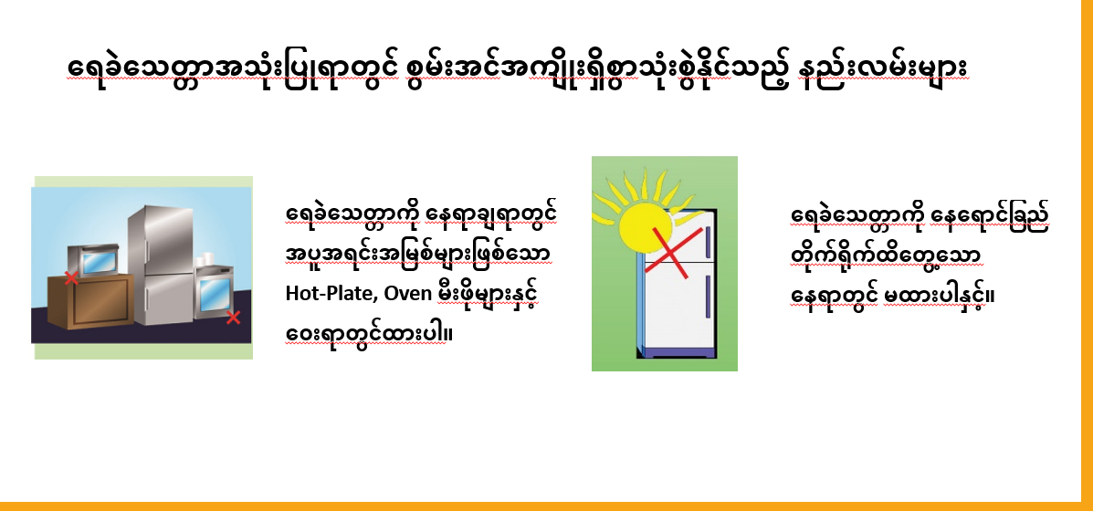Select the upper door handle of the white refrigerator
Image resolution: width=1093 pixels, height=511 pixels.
(x=709, y=236)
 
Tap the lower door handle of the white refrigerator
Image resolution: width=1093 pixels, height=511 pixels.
(x=708, y=297)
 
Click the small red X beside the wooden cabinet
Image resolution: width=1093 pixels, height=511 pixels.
(x=71, y=277)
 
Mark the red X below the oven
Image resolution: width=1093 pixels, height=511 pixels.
(x=234, y=318)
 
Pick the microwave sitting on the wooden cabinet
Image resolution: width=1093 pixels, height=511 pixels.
(x=93, y=260)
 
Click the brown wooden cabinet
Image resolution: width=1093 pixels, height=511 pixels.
(x=90, y=301)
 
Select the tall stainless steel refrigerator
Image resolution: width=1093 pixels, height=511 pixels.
(x=161, y=266)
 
